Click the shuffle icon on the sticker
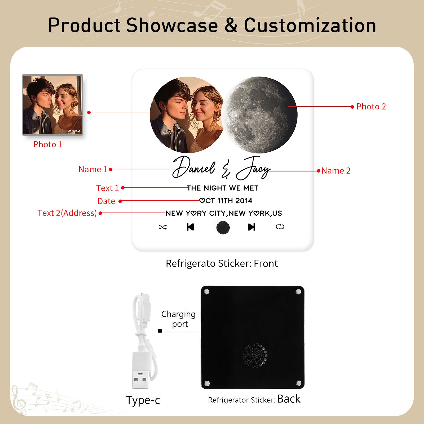tap(163, 227)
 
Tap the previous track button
tap(190, 227)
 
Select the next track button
tap(251, 227)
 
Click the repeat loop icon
tap(280, 227)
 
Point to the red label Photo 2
tap(371, 107)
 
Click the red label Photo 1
tap(48, 144)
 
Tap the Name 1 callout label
tap(93, 169)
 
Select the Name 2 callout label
tap(336, 171)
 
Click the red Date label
tap(106, 201)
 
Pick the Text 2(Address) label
tap(67, 213)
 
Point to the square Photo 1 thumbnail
tap(52, 105)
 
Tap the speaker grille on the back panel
tap(255, 356)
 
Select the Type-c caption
tap(143, 400)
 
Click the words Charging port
tap(179, 319)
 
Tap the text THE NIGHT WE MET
tap(223, 188)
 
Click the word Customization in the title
tap(310, 25)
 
